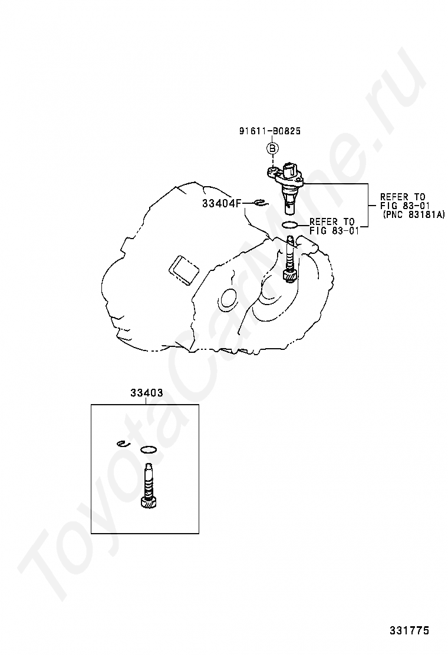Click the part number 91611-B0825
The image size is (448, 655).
pos(269,131)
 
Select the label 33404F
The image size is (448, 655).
pos(222,203)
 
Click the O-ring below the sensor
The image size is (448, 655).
pos(289,225)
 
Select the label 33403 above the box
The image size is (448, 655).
pos(146,393)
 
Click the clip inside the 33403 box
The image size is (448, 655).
pos(123,444)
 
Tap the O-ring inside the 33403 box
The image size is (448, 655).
pos(148,450)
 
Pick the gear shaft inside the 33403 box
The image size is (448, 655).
pos(149,486)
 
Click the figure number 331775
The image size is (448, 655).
pos(410,630)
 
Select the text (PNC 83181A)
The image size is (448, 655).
pos(413,214)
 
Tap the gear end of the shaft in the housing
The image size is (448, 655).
pos(289,276)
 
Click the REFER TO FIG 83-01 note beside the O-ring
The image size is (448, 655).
pos(334,226)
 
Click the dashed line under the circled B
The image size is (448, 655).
pos(272,160)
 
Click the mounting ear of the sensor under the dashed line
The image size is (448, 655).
pos(272,171)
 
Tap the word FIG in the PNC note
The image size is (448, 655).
pos(387,206)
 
